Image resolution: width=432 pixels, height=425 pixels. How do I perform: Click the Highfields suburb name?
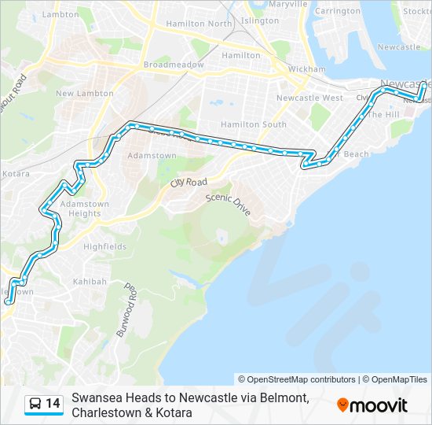pos(104,246)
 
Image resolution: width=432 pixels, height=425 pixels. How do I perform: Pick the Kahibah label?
pos(89,281)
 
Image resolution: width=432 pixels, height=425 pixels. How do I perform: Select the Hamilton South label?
pos(254,124)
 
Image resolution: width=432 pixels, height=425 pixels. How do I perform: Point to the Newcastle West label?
pos(309,98)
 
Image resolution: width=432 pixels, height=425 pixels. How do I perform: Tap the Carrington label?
pos(337,12)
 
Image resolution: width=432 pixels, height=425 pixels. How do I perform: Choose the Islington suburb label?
pos(259,20)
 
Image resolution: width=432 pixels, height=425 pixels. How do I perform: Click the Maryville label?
pos(287,4)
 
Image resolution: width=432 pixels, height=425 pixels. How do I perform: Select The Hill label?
pos(383,114)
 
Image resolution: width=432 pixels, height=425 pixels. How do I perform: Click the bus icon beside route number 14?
pos(35,404)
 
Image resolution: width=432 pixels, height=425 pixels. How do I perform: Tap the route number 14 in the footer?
pos(53,404)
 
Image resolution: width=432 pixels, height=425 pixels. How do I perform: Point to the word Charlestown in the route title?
pos(104,412)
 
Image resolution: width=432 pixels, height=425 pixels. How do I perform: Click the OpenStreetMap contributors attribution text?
pos(297,379)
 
